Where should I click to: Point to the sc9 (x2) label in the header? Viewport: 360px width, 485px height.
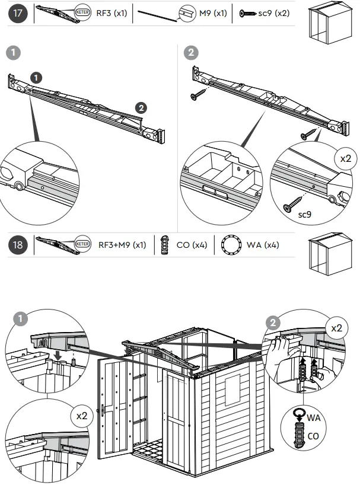(x=273, y=13)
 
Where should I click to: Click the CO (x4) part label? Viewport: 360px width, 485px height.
(x=192, y=245)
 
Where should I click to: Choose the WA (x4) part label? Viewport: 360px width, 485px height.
(x=263, y=245)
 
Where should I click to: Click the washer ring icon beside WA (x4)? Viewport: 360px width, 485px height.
(x=232, y=245)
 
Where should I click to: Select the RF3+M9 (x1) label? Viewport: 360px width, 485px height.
(x=122, y=245)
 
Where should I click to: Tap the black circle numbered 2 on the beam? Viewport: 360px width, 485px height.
(x=141, y=107)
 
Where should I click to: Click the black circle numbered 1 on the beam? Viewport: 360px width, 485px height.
(x=36, y=78)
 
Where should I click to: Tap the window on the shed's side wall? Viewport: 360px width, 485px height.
(x=232, y=382)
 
